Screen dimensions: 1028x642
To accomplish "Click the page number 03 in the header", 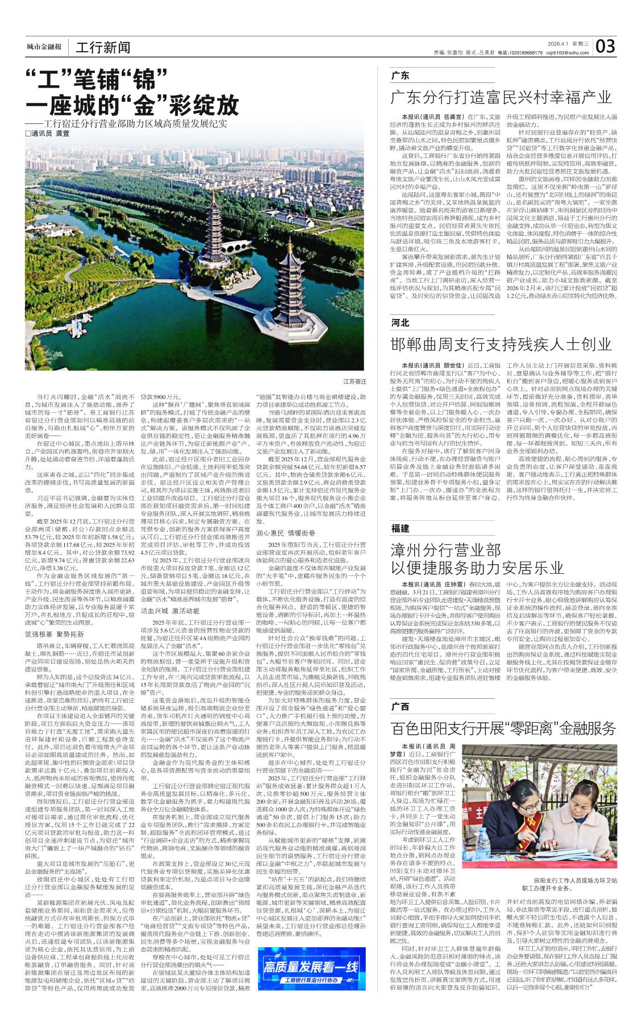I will (605, 46).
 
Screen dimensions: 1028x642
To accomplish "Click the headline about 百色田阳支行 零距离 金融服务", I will (503, 728).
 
